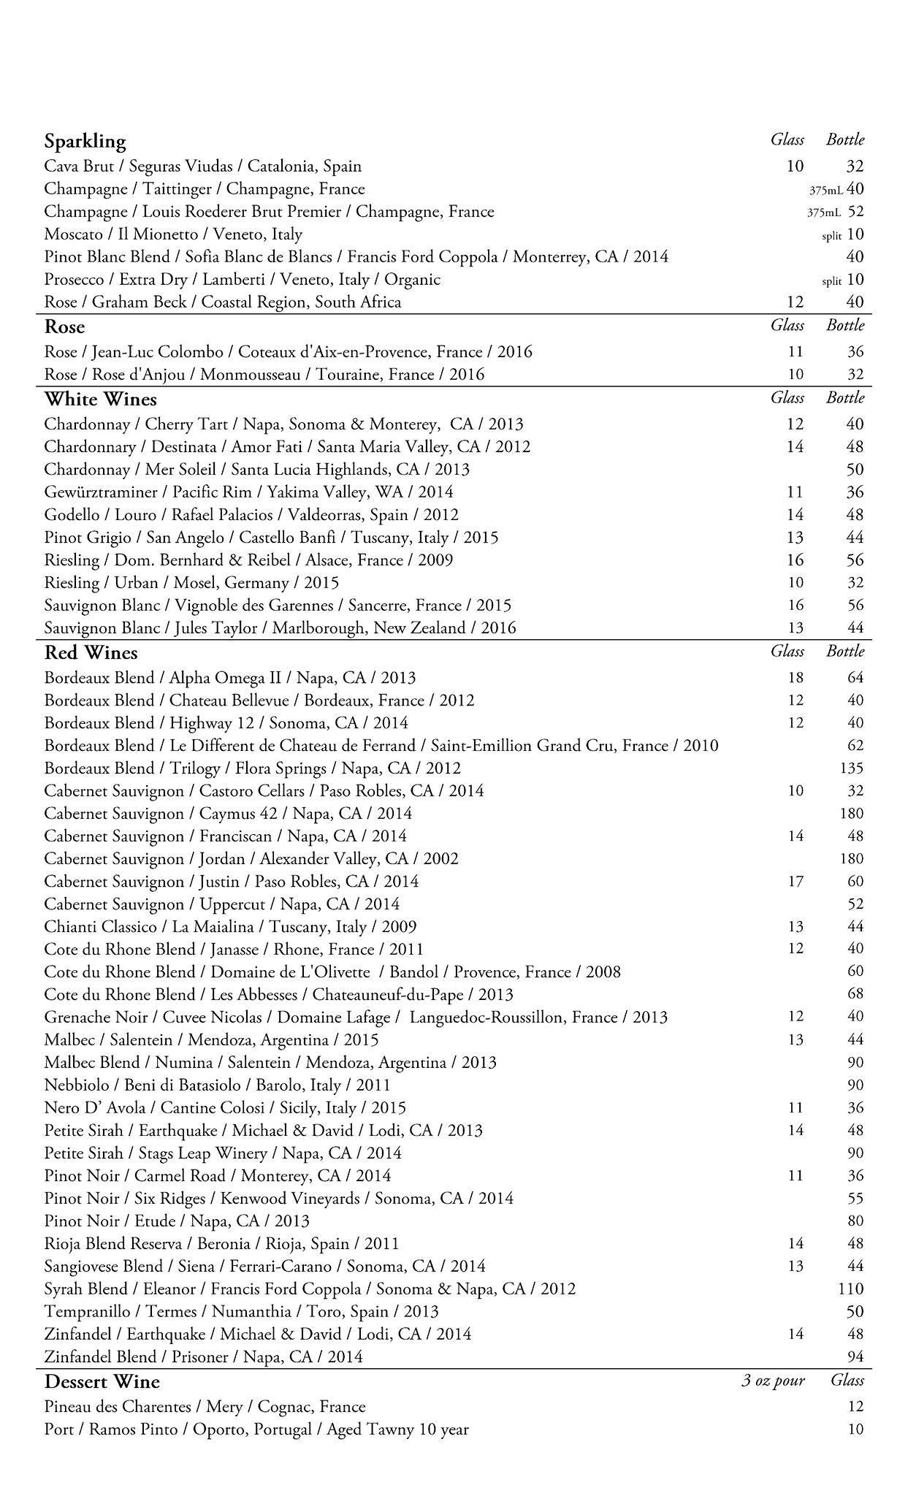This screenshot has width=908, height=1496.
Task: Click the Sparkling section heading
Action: [85, 141]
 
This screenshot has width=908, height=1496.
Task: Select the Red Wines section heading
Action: [91, 652]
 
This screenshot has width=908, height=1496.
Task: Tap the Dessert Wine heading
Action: [102, 1381]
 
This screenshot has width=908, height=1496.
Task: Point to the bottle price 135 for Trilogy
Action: [852, 768]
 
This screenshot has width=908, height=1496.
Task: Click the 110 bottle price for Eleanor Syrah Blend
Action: [851, 1289]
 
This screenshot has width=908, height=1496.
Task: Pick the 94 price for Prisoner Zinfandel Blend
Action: [855, 1356]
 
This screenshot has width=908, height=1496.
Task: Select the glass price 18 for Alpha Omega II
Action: [796, 678]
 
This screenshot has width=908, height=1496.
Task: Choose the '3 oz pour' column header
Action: [773, 1381]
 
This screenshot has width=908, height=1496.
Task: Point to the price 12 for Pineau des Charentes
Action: [855, 1407]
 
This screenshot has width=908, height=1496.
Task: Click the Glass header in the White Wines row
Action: [787, 398]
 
